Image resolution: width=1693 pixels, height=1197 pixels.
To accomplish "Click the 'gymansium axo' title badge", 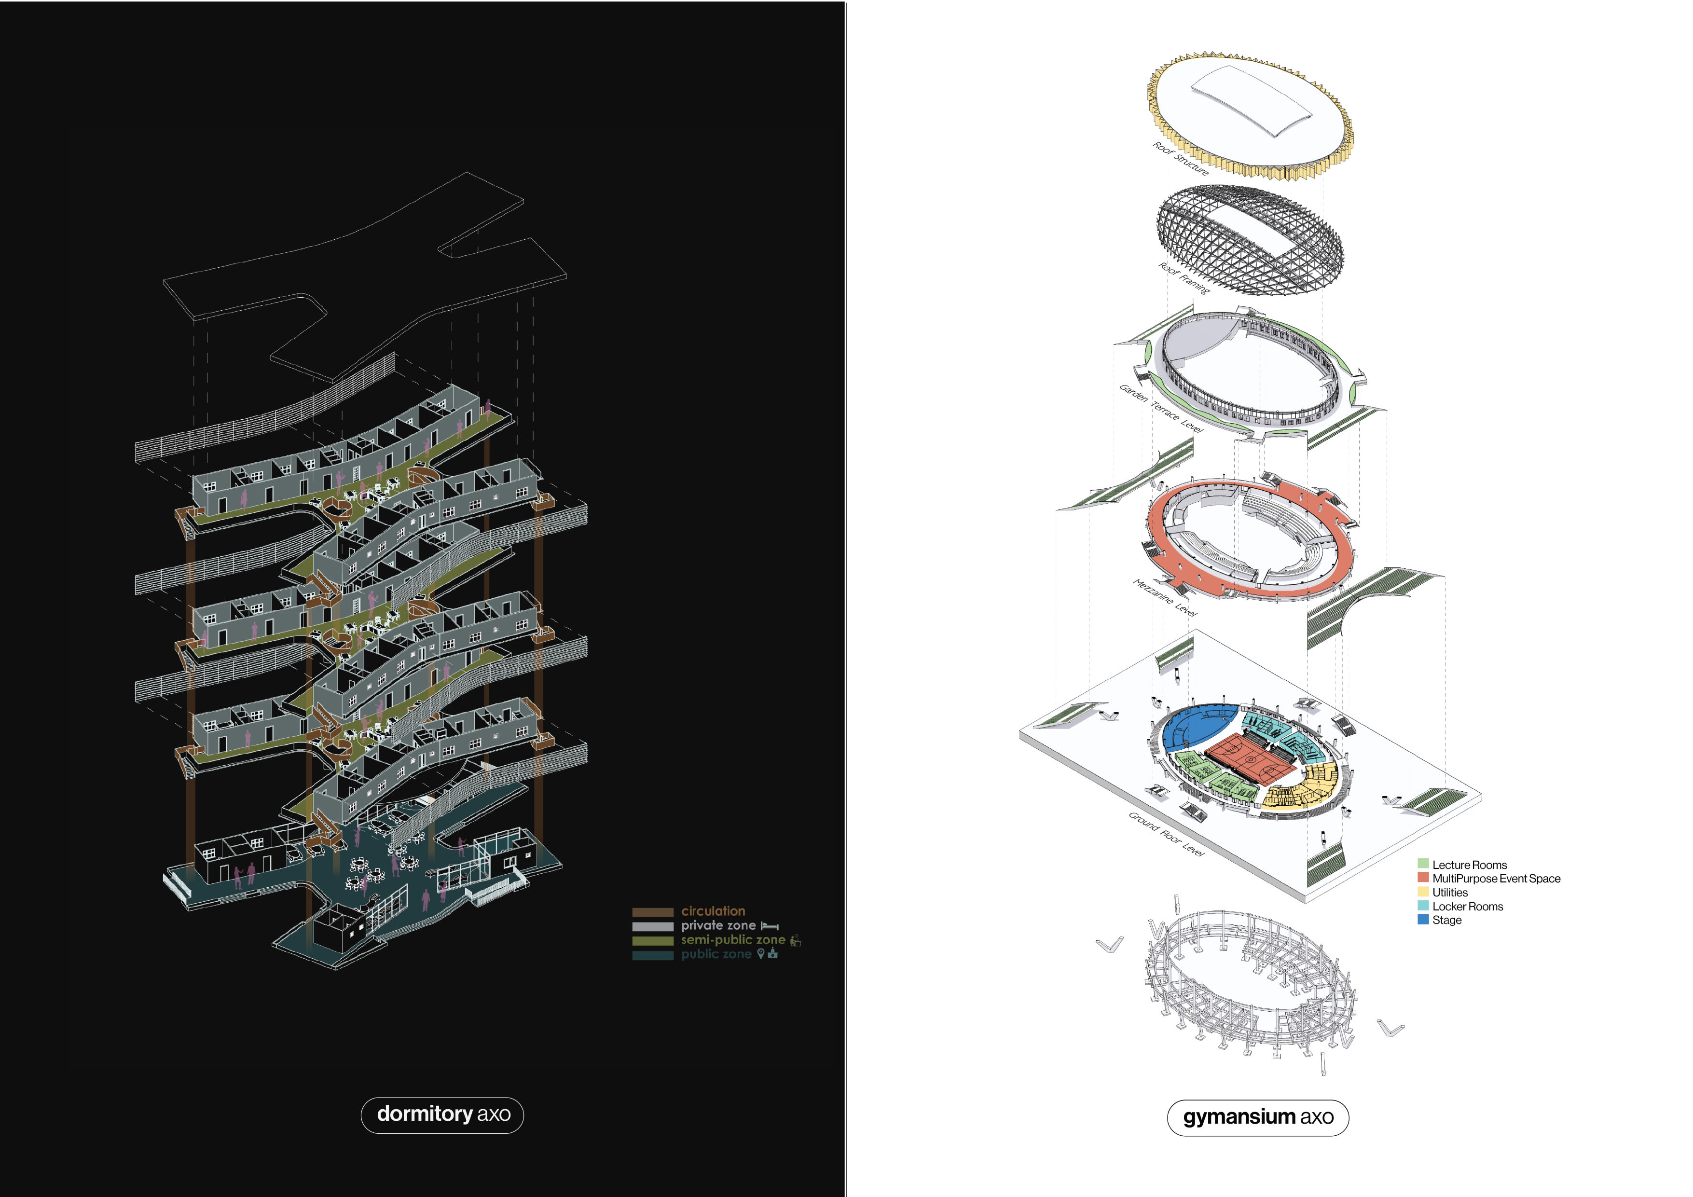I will tap(1257, 1117).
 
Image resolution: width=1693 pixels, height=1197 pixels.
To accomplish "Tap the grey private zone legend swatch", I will tap(653, 926).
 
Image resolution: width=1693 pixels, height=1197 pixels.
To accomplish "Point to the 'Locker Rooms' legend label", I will tap(1467, 907).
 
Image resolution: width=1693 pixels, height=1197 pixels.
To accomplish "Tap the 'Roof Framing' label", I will tap(1184, 278).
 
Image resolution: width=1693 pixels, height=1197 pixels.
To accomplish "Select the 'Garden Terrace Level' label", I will tap(1161, 408).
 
